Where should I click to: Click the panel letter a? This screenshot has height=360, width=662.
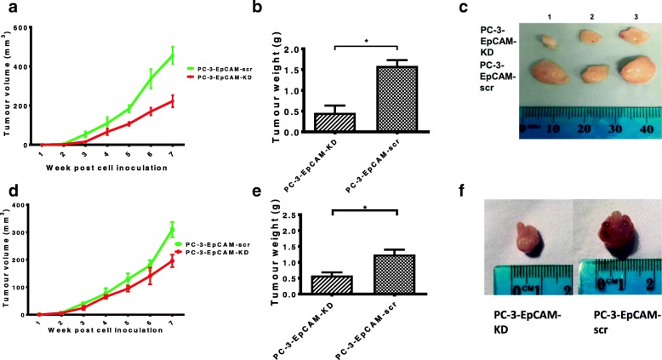pos(7,9)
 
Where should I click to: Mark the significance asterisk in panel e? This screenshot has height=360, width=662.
pos(400,205)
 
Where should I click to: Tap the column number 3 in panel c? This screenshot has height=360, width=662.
pos(614,17)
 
